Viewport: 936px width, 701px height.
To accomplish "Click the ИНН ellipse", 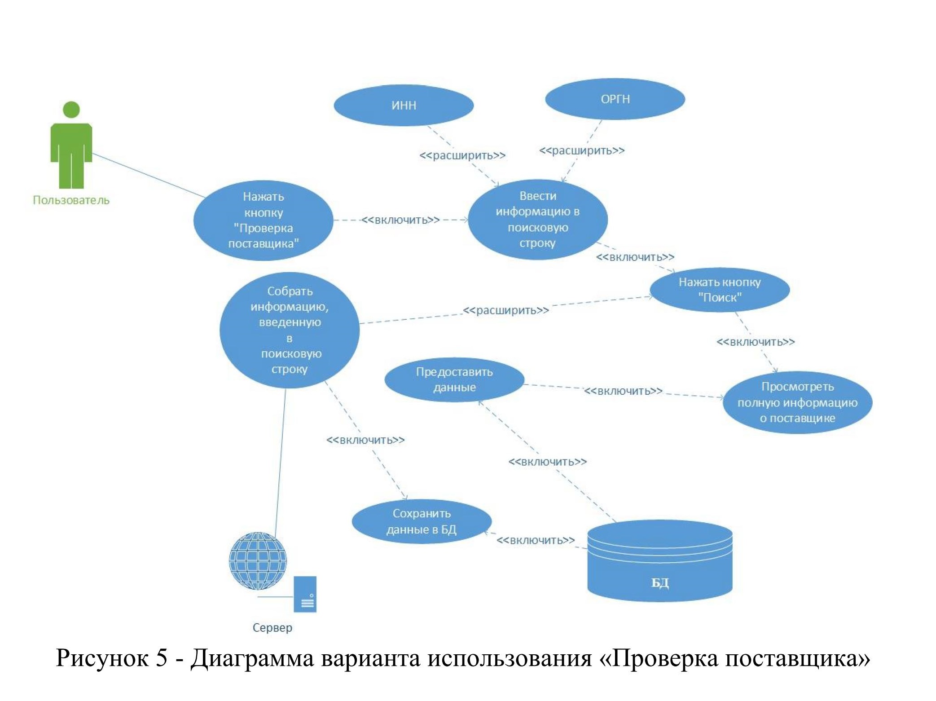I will click(x=404, y=106).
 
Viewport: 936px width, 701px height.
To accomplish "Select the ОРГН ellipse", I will click(x=615, y=99).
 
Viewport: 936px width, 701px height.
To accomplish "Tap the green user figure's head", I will click(x=71, y=110).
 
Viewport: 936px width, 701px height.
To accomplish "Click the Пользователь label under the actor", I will click(x=71, y=200).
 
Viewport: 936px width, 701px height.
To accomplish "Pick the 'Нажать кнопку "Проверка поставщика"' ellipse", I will click(x=264, y=220).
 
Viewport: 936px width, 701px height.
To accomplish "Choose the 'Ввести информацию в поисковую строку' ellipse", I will click(x=537, y=220).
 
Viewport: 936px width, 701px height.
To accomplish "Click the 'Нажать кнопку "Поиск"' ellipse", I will click(x=719, y=290).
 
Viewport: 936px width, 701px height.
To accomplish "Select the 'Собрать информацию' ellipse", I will click(x=290, y=330).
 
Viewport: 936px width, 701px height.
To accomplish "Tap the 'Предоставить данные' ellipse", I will click(x=454, y=379).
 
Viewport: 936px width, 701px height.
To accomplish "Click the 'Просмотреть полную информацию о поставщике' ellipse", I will click(x=797, y=402).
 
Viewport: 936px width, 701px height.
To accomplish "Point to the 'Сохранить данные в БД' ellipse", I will click(x=421, y=521).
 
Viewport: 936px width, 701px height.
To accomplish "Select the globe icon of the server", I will click(x=258, y=560).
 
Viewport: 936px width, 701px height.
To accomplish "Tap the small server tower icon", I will click(x=305, y=594).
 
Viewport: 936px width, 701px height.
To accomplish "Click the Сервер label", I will click(x=272, y=627).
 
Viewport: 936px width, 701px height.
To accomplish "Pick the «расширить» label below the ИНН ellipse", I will click(x=462, y=155).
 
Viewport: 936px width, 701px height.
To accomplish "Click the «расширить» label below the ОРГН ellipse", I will click(x=581, y=150).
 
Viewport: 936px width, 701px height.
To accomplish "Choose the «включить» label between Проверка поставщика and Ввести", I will click(x=400, y=220).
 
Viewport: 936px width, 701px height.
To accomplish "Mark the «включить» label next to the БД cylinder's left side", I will click(x=535, y=540).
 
